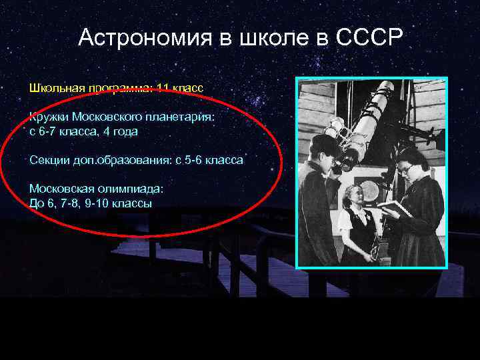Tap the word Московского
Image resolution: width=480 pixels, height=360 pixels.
[107, 117]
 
